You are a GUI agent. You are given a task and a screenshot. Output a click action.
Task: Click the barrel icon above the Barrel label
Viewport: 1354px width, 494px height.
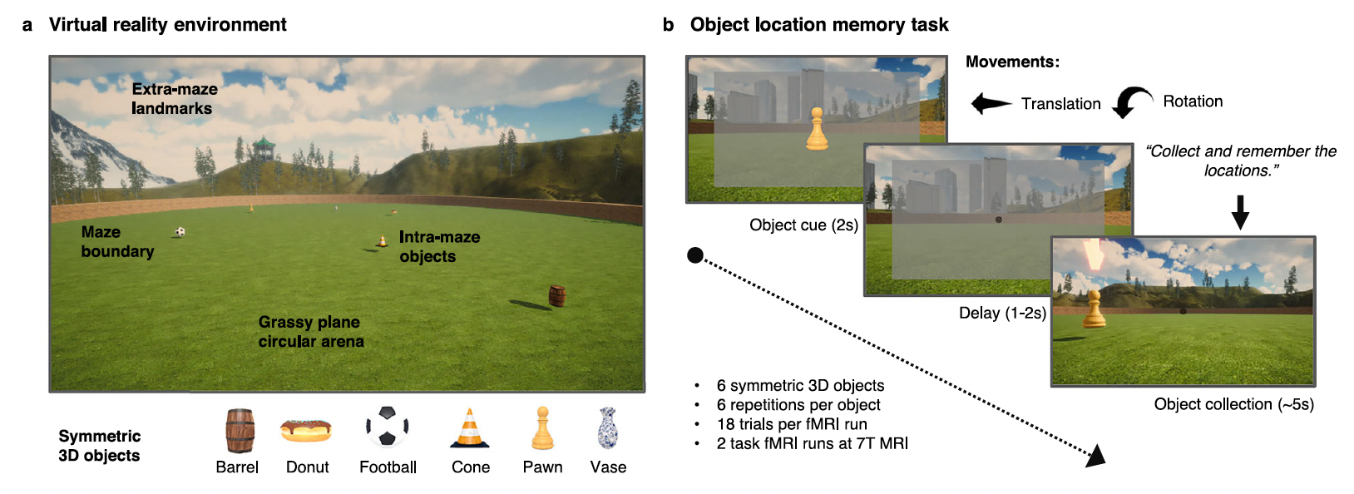[x=240, y=430]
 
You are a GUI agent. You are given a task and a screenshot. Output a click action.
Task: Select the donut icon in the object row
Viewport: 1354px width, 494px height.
[x=306, y=430]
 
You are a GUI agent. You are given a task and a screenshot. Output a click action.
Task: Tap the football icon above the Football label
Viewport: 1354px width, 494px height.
[x=388, y=427]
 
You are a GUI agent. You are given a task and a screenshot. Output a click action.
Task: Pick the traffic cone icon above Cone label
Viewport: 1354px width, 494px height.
[x=470, y=429]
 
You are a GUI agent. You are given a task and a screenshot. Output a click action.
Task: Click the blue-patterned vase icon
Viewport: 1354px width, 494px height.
[x=608, y=428]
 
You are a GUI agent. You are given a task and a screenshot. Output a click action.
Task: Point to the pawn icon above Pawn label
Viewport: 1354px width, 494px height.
[x=542, y=428]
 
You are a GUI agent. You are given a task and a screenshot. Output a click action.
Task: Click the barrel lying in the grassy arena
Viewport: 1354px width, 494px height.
[x=557, y=295]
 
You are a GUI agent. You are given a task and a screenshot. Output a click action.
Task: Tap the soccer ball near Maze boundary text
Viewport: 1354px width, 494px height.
[x=180, y=232]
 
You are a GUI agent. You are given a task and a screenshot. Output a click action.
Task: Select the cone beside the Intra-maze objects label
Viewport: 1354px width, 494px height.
[x=382, y=241]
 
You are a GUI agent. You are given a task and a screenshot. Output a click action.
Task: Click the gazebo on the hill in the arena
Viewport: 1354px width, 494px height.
[x=264, y=150]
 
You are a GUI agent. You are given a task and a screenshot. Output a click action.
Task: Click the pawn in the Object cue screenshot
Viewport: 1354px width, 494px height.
[x=817, y=130]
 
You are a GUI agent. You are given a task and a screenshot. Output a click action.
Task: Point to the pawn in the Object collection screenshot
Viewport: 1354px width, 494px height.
[x=1095, y=309]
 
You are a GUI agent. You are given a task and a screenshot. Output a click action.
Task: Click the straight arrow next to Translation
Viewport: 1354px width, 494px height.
[x=991, y=104]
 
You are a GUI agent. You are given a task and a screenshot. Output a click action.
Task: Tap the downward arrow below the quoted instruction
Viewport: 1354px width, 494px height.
[x=1240, y=212]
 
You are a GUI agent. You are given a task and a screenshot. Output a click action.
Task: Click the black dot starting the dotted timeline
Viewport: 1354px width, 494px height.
[x=695, y=255]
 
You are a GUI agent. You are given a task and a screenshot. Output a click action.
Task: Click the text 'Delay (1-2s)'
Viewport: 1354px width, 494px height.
[x=1002, y=314]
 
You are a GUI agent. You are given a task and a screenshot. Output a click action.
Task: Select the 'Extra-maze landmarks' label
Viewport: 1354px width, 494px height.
[x=175, y=99]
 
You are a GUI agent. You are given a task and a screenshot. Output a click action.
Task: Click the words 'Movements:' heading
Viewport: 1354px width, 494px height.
[x=1012, y=62]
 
